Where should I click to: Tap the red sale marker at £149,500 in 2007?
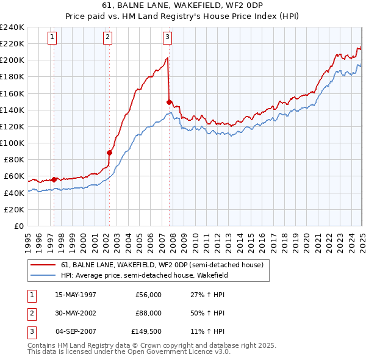169,102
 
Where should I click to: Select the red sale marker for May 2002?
110,153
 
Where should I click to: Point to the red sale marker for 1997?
54,179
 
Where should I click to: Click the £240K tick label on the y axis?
12,27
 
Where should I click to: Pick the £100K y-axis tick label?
12,143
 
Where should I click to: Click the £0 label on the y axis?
18,226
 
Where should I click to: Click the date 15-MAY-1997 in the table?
76,295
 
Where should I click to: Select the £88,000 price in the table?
148,313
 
